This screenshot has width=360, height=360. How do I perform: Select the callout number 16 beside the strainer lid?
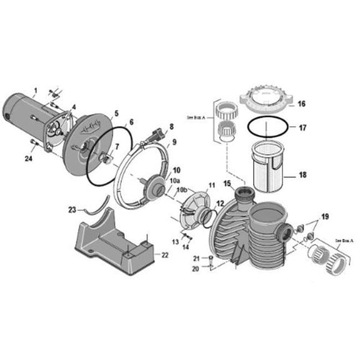point(301,104)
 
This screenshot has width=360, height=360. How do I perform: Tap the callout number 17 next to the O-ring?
point(301,128)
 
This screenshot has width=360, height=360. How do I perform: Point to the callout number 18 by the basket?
point(301,175)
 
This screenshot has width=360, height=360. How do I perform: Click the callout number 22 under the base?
point(164,255)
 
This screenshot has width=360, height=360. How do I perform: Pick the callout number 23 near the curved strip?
point(72,209)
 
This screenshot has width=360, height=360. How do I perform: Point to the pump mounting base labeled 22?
point(112,244)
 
